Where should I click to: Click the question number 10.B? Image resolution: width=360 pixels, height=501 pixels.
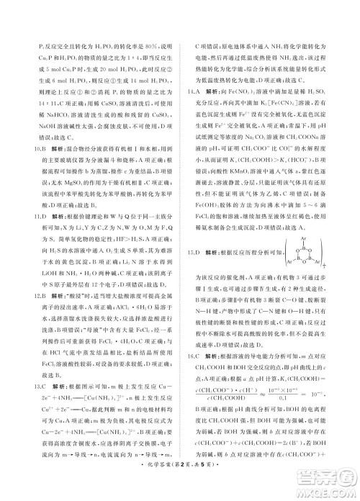point(30,148)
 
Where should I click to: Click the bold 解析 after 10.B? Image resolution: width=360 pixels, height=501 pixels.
point(50,148)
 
